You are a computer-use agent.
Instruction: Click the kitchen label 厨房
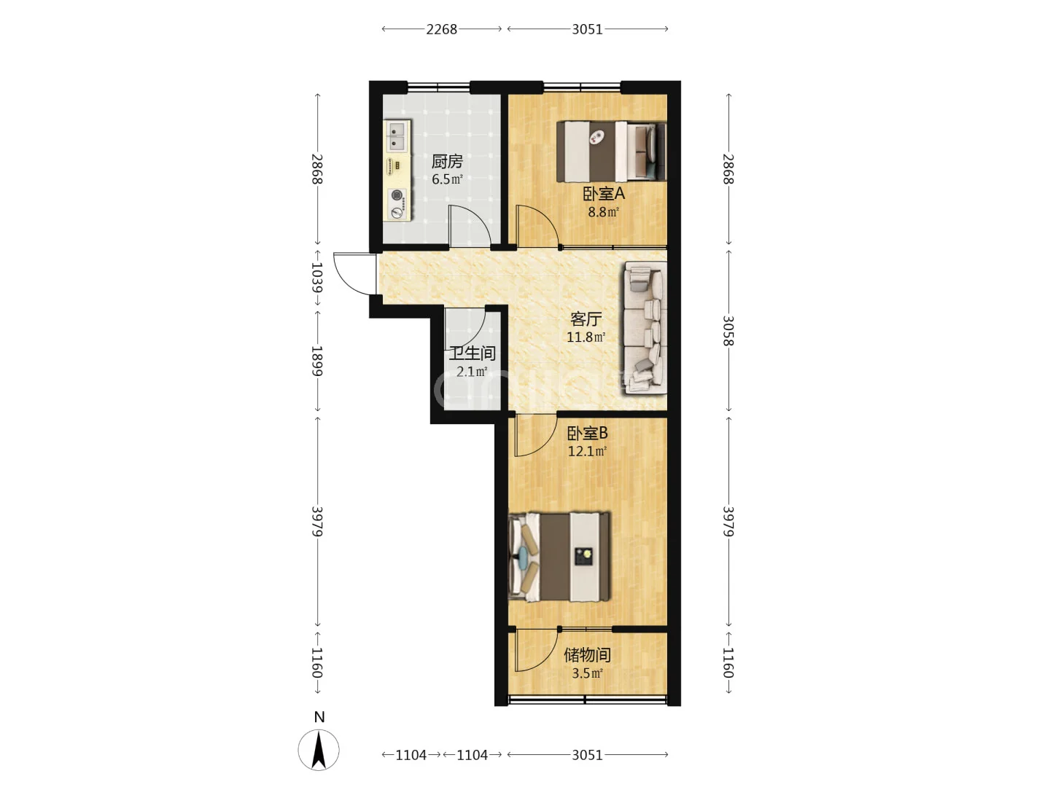point(447,162)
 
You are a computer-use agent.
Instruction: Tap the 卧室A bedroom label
point(603,194)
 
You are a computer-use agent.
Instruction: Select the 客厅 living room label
point(586,318)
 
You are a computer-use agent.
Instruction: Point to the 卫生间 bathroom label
point(472,353)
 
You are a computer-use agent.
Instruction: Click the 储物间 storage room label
point(587,654)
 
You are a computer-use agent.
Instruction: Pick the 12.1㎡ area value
point(587,451)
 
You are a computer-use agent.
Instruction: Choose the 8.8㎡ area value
point(603,211)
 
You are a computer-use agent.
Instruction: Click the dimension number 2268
point(442,29)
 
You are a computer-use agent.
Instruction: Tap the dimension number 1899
point(317,361)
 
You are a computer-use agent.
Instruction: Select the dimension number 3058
point(728,330)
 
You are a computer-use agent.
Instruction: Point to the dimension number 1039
point(317,277)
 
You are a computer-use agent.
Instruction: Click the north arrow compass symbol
point(319,750)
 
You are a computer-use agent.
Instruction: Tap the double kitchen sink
point(397,136)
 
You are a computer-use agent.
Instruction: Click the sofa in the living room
point(645,328)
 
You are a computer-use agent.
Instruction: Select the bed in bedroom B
point(559,557)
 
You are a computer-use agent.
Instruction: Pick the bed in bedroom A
point(611,152)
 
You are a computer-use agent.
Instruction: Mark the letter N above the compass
point(319,717)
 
